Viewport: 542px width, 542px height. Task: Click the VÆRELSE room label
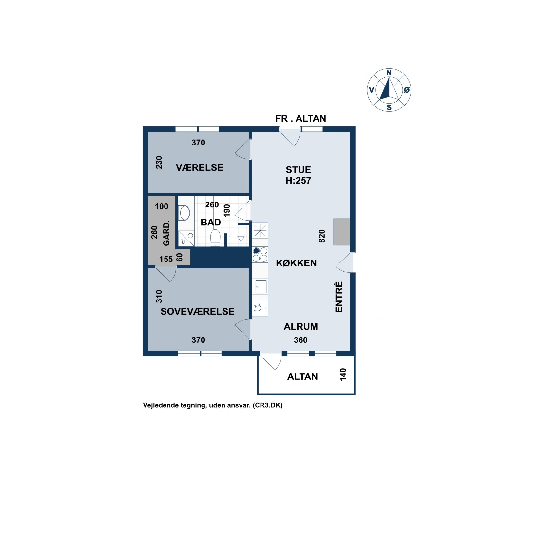click(199, 167)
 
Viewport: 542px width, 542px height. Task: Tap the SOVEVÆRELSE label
click(197, 311)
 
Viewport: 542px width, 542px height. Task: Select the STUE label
click(298, 170)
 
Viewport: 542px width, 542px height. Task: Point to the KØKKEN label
click(296, 263)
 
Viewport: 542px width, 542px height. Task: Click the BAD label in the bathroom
click(210, 222)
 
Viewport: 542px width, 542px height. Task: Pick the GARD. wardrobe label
click(166, 233)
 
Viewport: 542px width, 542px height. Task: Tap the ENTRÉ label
click(339, 297)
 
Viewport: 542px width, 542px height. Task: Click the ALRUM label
click(300, 326)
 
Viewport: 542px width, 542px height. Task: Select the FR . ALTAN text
click(300, 118)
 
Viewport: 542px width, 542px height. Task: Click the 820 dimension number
click(322, 236)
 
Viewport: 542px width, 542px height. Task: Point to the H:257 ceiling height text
click(298, 180)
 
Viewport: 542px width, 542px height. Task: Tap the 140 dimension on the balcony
click(343, 375)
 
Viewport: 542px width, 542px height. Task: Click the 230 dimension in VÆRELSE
click(159, 162)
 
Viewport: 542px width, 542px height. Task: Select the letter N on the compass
click(389, 73)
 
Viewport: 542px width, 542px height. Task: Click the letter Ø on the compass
click(407, 90)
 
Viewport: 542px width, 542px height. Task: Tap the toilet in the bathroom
click(215, 238)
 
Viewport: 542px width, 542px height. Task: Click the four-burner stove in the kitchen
click(260, 255)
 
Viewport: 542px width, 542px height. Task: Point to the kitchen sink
click(261, 287)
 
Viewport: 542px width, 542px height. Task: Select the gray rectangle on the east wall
click(342, 232)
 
